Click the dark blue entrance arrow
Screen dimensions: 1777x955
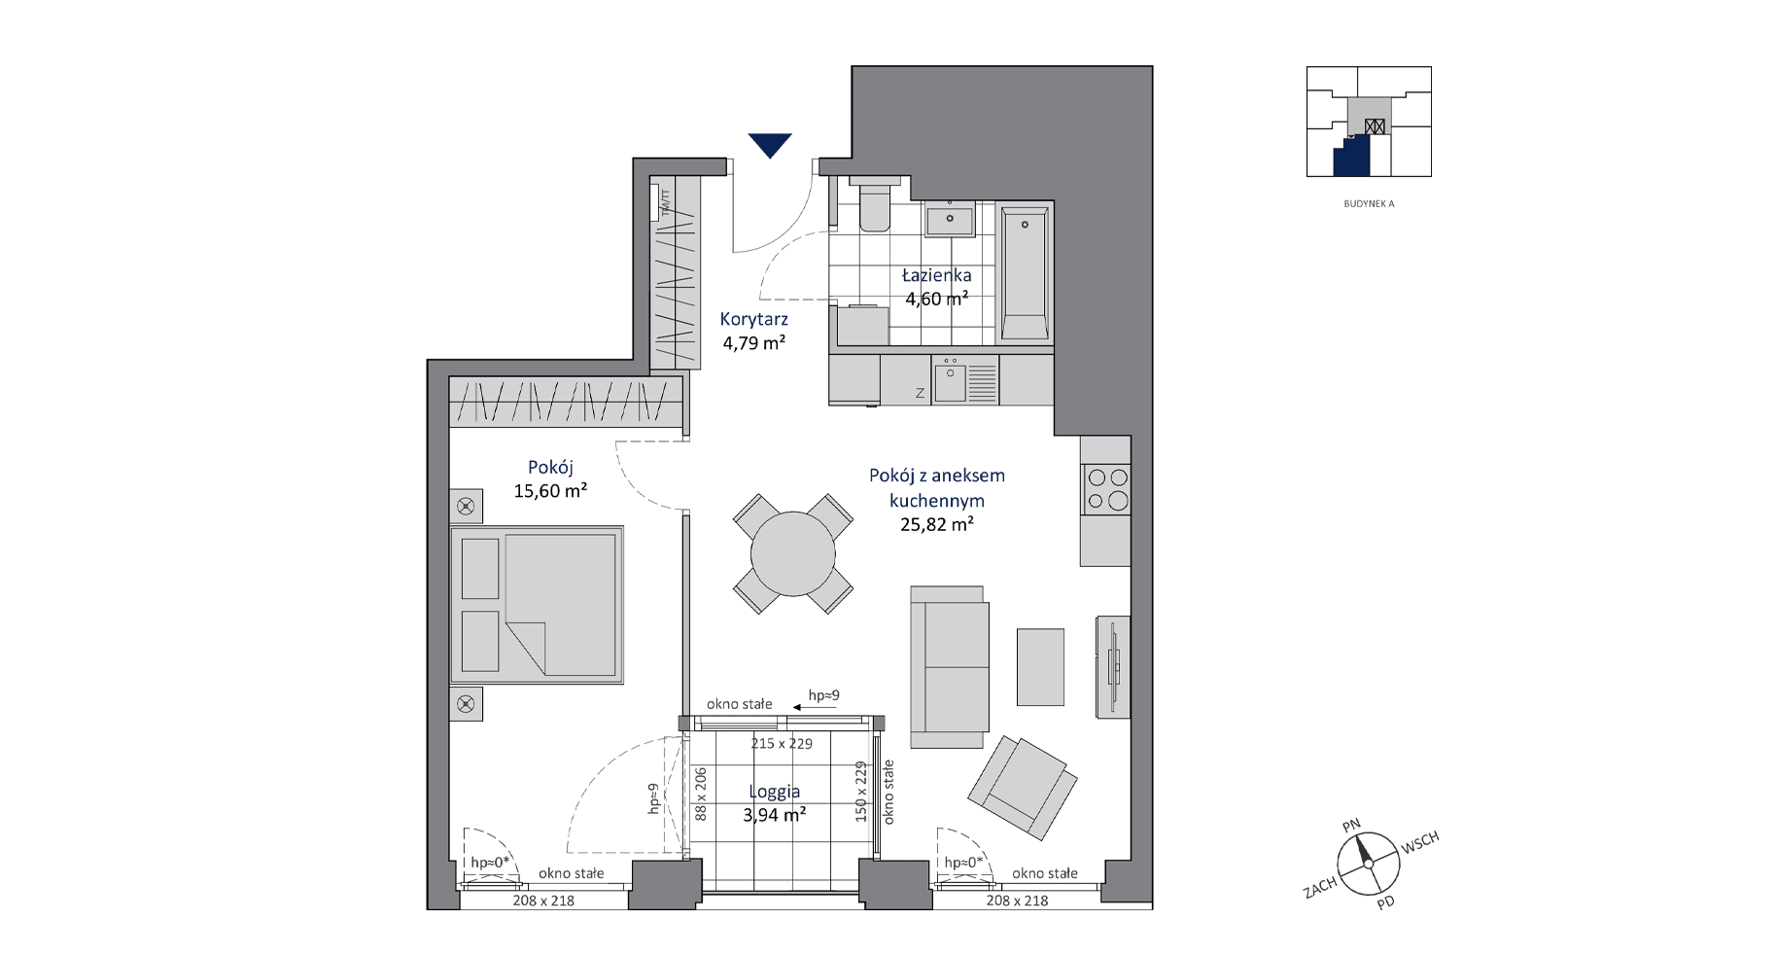click(x=770, y=144)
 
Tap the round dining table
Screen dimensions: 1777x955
click(x=793, y=553)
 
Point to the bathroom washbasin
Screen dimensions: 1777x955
click(x=950, y=219)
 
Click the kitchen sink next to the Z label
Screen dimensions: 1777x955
click(x=950, y=382)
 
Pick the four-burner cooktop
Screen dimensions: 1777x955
click(x=1107, y=489)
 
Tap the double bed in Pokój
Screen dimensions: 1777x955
click(x=537, y=605)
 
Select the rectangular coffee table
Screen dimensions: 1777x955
click(x=1040, y=666)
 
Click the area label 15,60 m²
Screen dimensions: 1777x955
click(x=550, y=491)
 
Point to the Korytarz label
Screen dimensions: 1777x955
click(x=754, y=319)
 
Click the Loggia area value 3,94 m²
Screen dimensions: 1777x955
click(x=775, y=815)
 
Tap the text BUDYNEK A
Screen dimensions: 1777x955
click(x=1369, y=204)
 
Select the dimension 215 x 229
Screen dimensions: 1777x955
click(x=782, y=743)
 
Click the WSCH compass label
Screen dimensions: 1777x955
click(x=1419, y=843)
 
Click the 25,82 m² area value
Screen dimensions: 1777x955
click(x=937, y=524)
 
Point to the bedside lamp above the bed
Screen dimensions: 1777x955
click(x=466, y=506)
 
